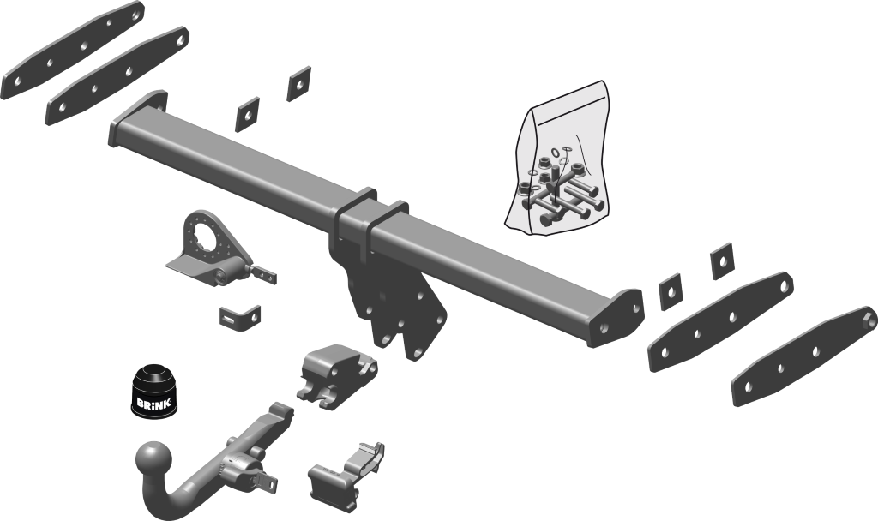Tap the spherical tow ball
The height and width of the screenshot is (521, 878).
point(153,461)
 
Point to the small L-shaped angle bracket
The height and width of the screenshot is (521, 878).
point(240,318)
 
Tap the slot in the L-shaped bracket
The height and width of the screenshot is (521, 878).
point(229,320)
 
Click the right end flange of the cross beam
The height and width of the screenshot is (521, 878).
point(616,318)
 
